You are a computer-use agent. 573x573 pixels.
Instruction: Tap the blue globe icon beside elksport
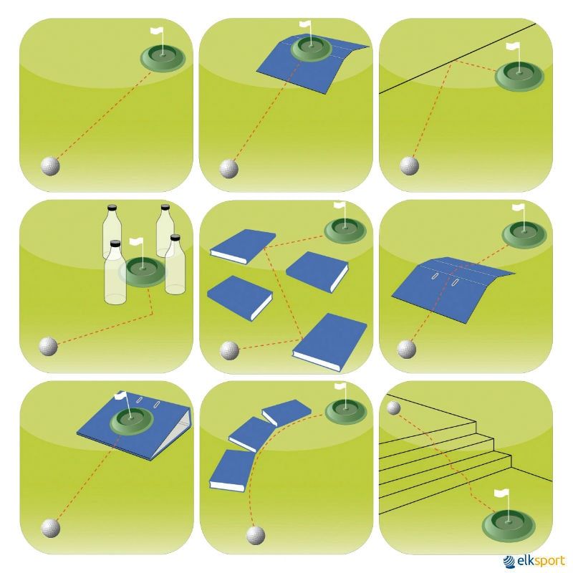coord(509,562)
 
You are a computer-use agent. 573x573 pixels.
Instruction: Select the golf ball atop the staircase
coord(393,408)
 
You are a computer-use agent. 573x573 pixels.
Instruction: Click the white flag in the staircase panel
coord(501,493)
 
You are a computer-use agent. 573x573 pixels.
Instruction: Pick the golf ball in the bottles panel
coord(48,347)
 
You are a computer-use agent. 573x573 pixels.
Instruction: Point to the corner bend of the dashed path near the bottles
coord(152,314)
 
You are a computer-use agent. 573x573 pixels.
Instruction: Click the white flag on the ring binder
coord(121,395)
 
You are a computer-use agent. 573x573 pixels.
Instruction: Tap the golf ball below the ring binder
coord(51,528)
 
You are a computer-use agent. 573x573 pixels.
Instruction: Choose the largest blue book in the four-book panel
coord(329,342)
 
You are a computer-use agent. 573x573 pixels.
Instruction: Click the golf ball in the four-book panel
coord(229,350)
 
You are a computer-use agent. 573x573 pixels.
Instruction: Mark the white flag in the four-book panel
coord(340,206)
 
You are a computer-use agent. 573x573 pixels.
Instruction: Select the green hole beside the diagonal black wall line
coord(519,77)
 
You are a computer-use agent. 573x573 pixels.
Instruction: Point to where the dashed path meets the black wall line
coord(451,62)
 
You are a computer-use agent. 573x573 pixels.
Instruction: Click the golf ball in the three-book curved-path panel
coord(256,535)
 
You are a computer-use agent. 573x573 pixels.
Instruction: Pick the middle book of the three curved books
coord(251,433)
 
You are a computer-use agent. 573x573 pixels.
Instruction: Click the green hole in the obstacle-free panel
coord(163,57)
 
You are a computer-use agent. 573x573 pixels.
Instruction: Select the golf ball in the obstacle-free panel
coord(50,166)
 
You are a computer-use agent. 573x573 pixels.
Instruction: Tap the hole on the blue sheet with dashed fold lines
coord(312,48)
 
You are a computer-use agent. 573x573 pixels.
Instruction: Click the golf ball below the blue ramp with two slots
coord(407,350)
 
